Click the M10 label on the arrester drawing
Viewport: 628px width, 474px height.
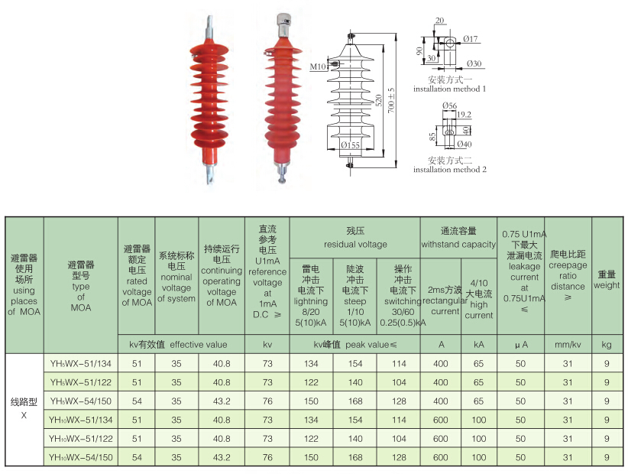pyautogui.click(x=318, y=67)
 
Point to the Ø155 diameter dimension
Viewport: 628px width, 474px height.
pyautogui.click(x=351, y=145)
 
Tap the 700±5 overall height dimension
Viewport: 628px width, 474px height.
pyautogui.click(x=391, y=100)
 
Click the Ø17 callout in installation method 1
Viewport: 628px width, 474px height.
pyautogui.click(x=471, y=39)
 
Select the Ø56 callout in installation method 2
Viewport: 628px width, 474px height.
pyautogui.click(x=449, y=106)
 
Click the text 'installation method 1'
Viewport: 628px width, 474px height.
pyautogui.click(x=449, y=89)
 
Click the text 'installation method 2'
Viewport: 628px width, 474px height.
pyautogui.click(x=450, y=170)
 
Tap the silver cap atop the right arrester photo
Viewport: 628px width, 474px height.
pyautogui.click(x=284, y=20)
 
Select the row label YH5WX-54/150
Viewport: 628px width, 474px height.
pyautogui.click(x=81, y=401)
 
